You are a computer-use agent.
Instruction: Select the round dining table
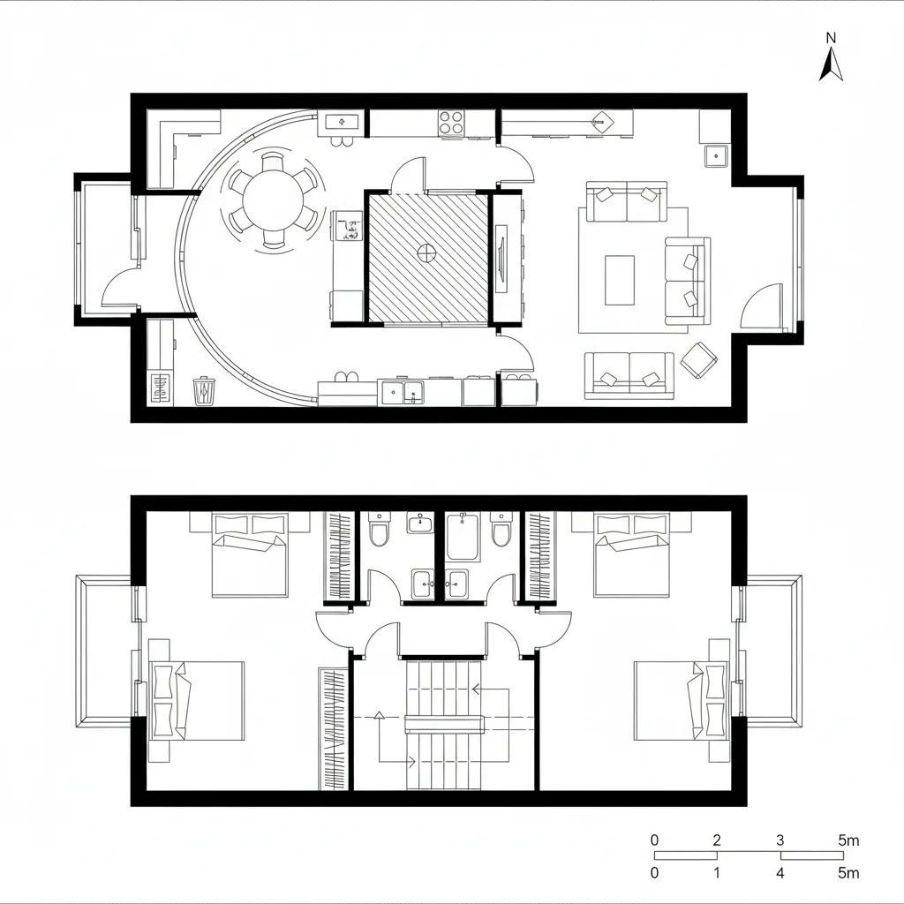click(x=274, y=199)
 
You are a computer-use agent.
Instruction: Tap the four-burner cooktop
click(x=452, y=122)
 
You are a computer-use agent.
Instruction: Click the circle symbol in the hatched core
click(x=426, y=253)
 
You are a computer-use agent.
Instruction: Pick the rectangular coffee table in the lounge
click(x=620, y=280)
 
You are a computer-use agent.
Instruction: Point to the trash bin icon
click(x=204, y=390)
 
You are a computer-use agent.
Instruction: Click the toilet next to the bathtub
click(x=501, y=531)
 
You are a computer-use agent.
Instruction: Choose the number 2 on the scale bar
click(x=717, y=840)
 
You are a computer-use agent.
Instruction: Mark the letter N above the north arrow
click(x=831, y=38)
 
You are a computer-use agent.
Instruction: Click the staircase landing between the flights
click(x=445, y=724)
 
